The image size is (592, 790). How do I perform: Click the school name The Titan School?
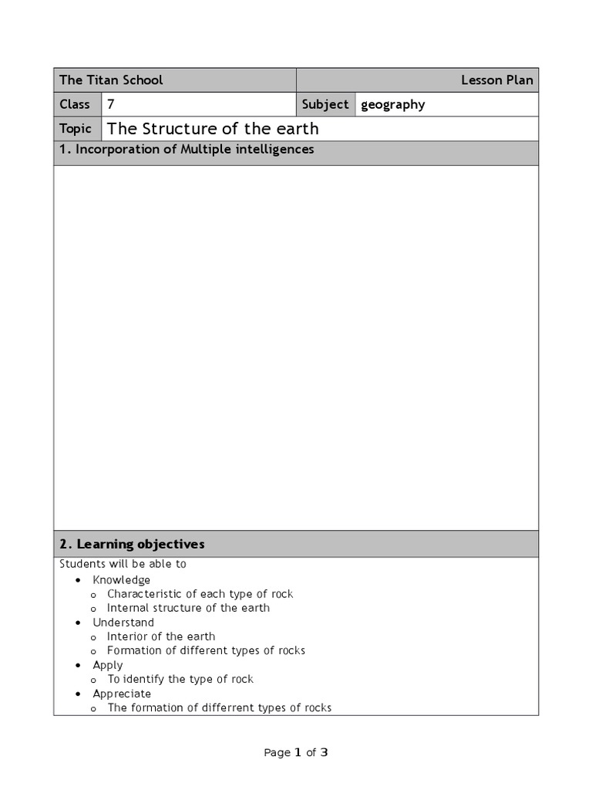(111, 80)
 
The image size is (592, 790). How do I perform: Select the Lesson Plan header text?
(496, 80)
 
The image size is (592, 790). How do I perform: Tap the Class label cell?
(75, 104)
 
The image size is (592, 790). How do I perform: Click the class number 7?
(112, 104)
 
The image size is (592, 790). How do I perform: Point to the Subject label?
(325, 104)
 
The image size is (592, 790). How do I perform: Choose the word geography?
(392, 104)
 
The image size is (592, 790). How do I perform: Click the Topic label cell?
(76, 128)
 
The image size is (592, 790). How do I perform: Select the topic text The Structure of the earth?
(212, 128)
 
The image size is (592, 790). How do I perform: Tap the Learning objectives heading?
(132, 544)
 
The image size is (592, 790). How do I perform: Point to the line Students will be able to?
(123, 564)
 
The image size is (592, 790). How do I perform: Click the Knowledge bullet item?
(122, 580)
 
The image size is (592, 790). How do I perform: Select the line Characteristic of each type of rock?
(200, 594)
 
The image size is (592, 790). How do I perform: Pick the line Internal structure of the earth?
(188, 608)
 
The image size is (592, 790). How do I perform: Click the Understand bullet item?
(123, 623)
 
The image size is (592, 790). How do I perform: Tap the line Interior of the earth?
(161, 636)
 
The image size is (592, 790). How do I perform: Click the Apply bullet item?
(108, 665)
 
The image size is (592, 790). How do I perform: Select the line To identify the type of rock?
(180, 679)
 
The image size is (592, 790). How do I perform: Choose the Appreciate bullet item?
(122, 694)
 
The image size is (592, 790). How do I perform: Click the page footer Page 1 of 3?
(296, 753)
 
